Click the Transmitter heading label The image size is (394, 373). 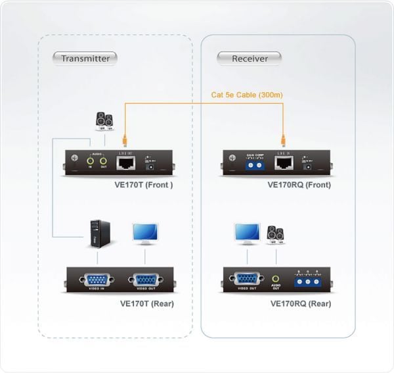tap(85, 59)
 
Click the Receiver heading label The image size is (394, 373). tap(250, 59)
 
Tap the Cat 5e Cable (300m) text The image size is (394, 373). tap(246, 95)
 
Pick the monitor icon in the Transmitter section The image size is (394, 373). tap(144, 234)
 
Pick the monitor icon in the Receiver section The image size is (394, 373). tap(248, 233)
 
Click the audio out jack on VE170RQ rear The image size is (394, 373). tap(275, 280)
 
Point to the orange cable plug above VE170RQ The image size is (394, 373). tap(284, 140)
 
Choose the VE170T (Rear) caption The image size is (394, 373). tap(147, 304)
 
